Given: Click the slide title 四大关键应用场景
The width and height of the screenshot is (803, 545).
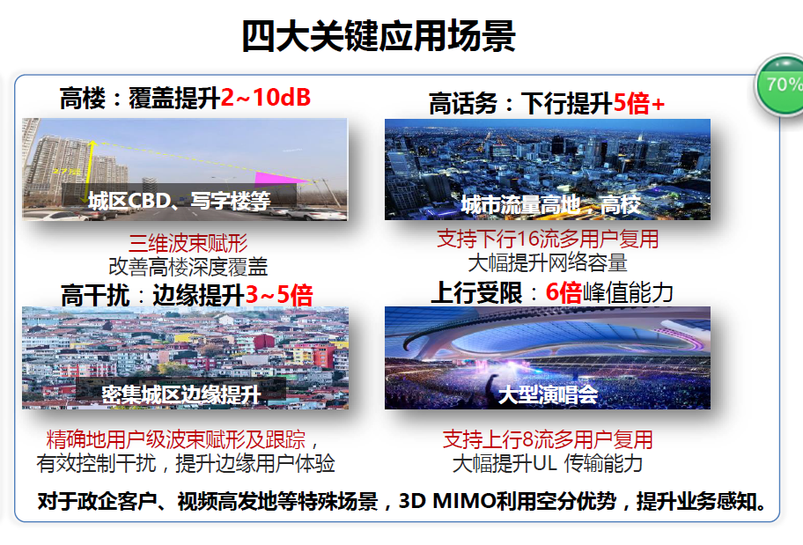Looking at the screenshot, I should [378, 37].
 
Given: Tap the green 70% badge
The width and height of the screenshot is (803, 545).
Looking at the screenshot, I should [782, 85].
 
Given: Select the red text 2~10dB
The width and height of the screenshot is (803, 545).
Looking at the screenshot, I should [266, 98].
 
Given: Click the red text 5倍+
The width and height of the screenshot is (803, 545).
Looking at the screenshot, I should [639, 104].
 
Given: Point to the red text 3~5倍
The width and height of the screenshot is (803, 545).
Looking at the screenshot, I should [279, 295].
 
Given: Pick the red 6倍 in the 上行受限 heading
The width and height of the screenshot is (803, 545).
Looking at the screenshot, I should [564, 293].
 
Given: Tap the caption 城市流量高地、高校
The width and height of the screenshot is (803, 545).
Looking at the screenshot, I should [550, 205].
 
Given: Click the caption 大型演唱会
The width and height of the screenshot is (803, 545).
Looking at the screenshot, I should [548, 394].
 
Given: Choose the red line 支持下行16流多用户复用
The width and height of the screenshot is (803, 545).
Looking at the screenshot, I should [548, 239].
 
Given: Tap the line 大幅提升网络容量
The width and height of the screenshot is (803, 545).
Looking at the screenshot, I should [547, 261].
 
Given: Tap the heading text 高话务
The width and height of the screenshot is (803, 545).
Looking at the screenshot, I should [463, 104].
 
